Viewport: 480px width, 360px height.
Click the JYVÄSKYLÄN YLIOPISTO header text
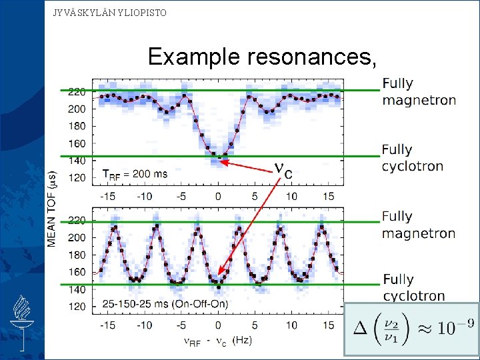click(x=110, y=13)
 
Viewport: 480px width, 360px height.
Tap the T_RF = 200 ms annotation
click(x=135, y=174)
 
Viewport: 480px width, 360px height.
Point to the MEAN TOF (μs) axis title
click(x=53, y=207)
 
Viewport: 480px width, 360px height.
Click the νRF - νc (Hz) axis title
click(x=217, y=341)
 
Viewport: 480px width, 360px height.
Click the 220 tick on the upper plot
click(x=77, y=91)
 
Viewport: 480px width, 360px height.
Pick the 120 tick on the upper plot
click(x=77, y=178)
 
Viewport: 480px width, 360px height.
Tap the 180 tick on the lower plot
click(x=77, y=255)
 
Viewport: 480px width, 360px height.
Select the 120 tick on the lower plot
click(x=77, y=307)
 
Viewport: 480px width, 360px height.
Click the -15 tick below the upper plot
click(x=108, y=196)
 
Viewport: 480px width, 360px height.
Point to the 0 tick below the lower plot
click(x=218, y=325)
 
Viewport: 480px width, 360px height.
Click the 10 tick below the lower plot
click(x=291, y=325)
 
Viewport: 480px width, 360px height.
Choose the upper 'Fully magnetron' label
click(x=419, y=92)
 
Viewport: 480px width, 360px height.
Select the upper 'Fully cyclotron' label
click(x=412, y=158)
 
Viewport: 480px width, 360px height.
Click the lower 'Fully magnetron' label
click(x=418, y=225)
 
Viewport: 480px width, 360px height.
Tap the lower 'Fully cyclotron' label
click(x=413, y=287)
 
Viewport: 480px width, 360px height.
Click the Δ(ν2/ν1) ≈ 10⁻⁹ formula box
click(x=411, y=329)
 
